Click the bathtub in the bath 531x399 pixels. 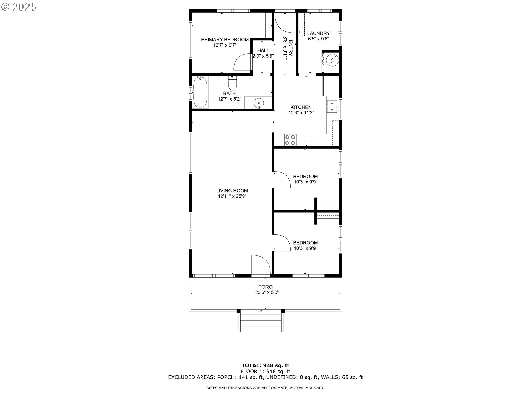tap(200, 92)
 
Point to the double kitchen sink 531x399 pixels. tap(332, 106)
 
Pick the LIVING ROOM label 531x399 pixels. tap(232, 191)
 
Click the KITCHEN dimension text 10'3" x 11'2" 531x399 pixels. tap(301, 113)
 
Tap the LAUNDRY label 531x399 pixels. tap(318, 33)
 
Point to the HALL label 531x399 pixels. tap(263, 50)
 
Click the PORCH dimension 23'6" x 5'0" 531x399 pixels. tap(267, 293)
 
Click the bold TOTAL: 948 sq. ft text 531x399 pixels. tap(265, 365)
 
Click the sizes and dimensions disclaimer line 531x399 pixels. tap(265, 388)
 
